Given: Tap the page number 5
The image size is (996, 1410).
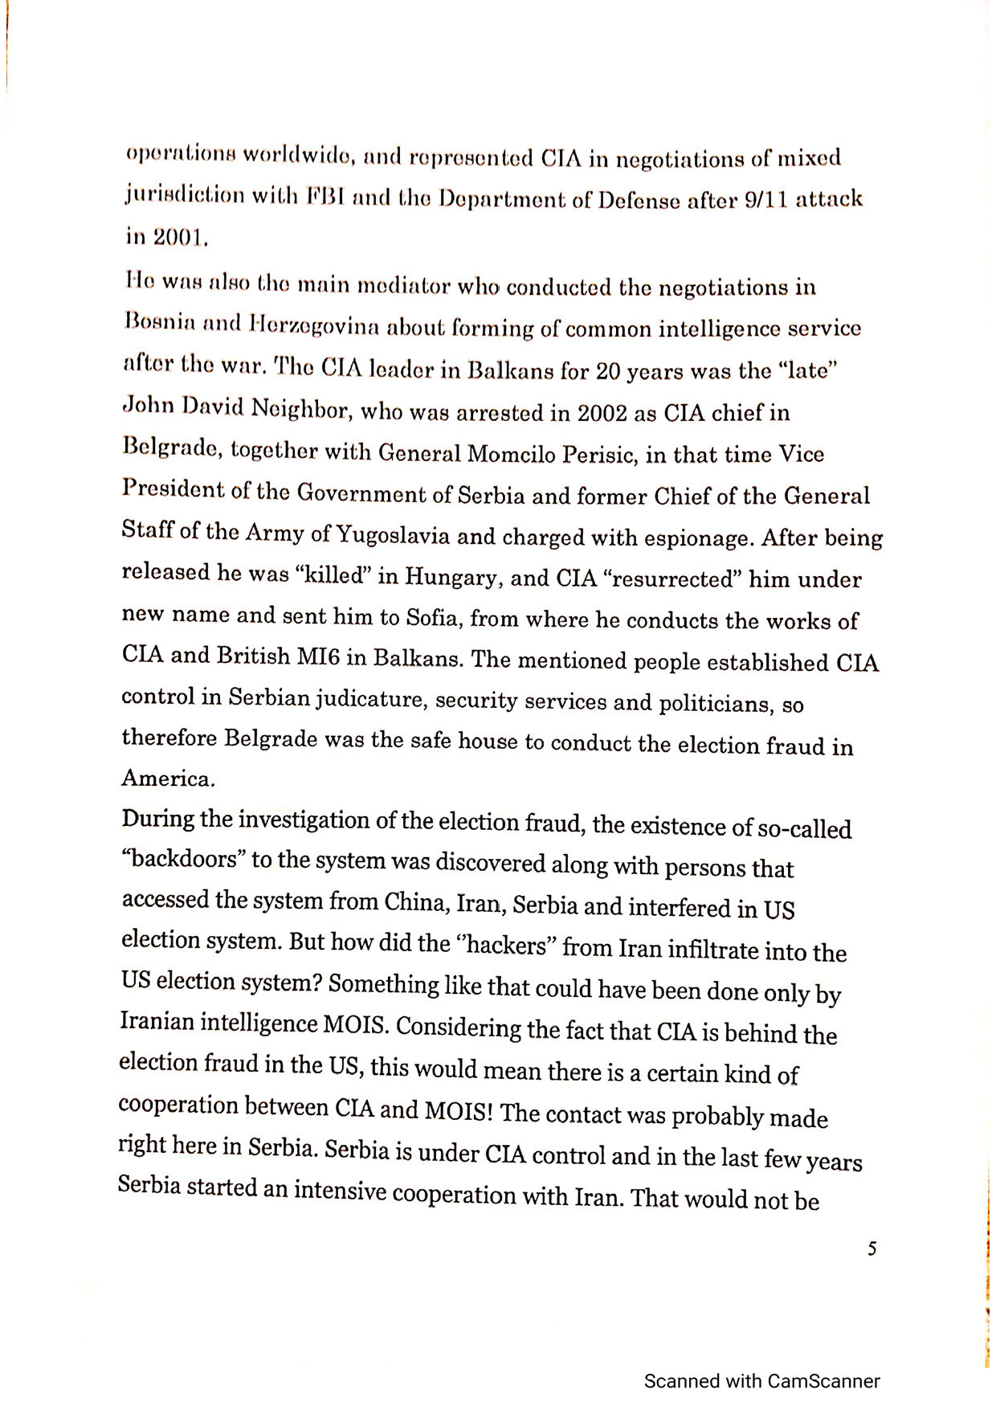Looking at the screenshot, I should point(872,1249).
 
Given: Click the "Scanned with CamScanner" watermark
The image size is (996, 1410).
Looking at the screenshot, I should point(761,1381).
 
